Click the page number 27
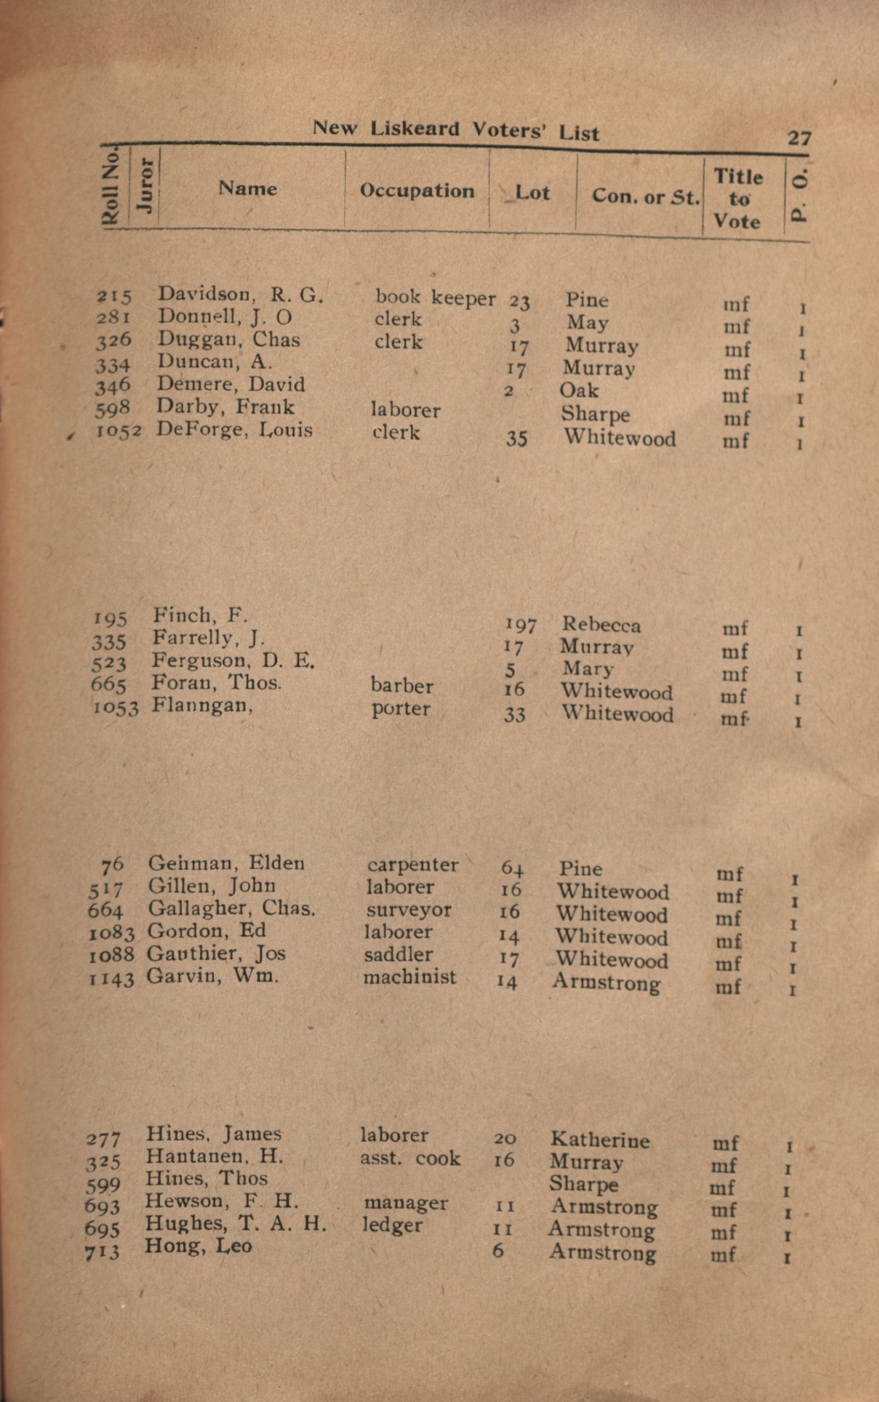tap(799, 138)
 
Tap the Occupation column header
tap(417, 190)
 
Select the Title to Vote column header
tap(737, 199)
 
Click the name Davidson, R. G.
tap(240, 295)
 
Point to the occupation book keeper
tap(435, 297)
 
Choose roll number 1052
tap(119, 431)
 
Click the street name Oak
tap(578, 390)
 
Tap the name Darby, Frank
tap(225, 406)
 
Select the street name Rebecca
tap(601, 625)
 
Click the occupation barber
tap(401, 686)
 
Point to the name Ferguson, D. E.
tap(233, 661)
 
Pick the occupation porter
tap(401, 709)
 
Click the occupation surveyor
tap(408, 910)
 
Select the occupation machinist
tap(410, 977)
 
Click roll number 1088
tap(111, 955)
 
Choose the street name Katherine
tap(600, 1140)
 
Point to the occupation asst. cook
tap(410, 1159)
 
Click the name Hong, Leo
tap(198, 1245)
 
